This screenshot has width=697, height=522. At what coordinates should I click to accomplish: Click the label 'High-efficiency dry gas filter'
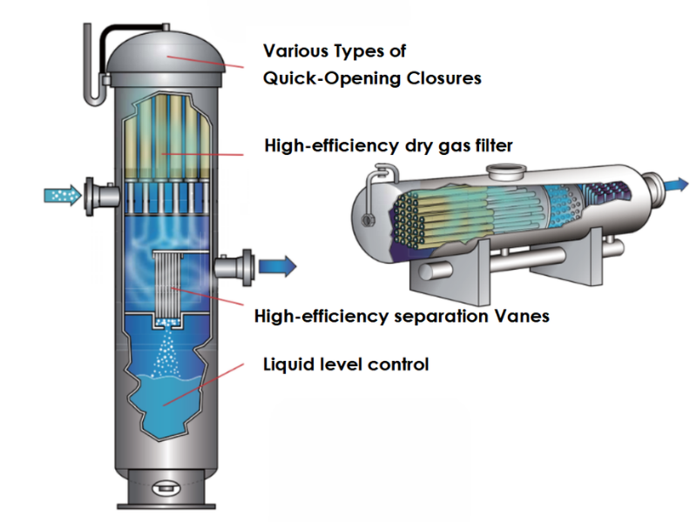click(x=388, y=145)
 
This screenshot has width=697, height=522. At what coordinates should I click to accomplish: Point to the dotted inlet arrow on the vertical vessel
click(x=59, y=193)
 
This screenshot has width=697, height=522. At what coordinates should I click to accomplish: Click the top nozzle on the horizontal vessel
click(x=500, y=171)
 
